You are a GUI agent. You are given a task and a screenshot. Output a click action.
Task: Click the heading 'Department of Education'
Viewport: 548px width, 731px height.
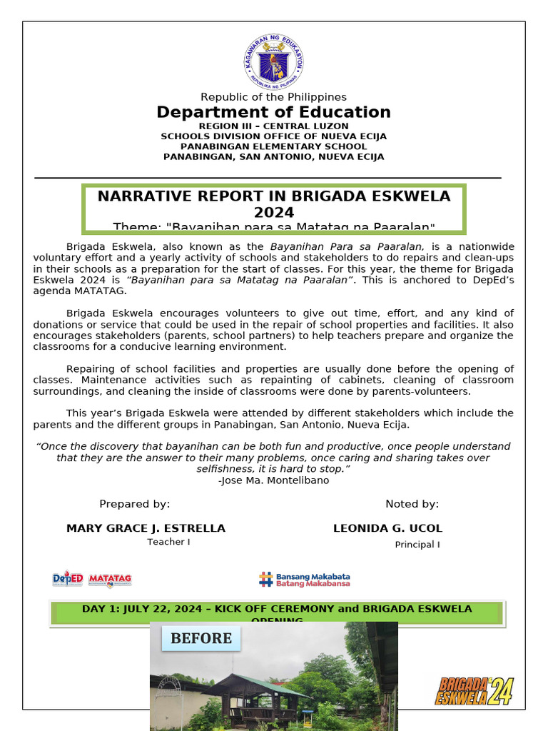coord(274,113)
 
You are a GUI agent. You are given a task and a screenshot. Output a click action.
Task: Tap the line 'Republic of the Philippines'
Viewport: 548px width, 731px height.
coord(274,97)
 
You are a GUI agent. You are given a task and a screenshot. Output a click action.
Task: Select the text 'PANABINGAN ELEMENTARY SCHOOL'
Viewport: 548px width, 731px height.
coord(274,146)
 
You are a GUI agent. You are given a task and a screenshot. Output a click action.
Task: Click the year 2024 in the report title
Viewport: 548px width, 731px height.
coord(274,213)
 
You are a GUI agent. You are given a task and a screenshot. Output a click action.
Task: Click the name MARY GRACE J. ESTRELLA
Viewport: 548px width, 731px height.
coord(146,528)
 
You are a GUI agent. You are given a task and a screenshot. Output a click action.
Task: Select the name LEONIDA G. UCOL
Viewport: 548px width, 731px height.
coord(387,528)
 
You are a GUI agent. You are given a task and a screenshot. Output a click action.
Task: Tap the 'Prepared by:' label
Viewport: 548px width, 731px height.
coord(135,504)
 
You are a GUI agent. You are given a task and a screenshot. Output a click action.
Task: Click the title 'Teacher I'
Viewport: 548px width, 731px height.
coord(168,542)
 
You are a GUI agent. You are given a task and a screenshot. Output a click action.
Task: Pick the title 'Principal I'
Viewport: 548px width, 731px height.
coord(417,545)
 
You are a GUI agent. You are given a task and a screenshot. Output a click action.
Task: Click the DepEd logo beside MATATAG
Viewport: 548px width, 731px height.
coord(68,578)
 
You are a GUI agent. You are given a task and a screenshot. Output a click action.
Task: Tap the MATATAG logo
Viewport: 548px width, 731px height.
coord(110,579)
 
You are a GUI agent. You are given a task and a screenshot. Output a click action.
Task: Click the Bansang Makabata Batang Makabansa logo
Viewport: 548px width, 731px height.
coord(305,579)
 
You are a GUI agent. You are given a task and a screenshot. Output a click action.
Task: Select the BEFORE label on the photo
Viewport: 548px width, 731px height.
coord(201,638)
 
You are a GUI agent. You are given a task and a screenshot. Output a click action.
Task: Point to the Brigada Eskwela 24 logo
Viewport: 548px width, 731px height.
coord(475,690)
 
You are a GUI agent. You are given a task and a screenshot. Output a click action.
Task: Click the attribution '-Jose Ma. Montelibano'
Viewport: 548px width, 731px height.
coord(274,480)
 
